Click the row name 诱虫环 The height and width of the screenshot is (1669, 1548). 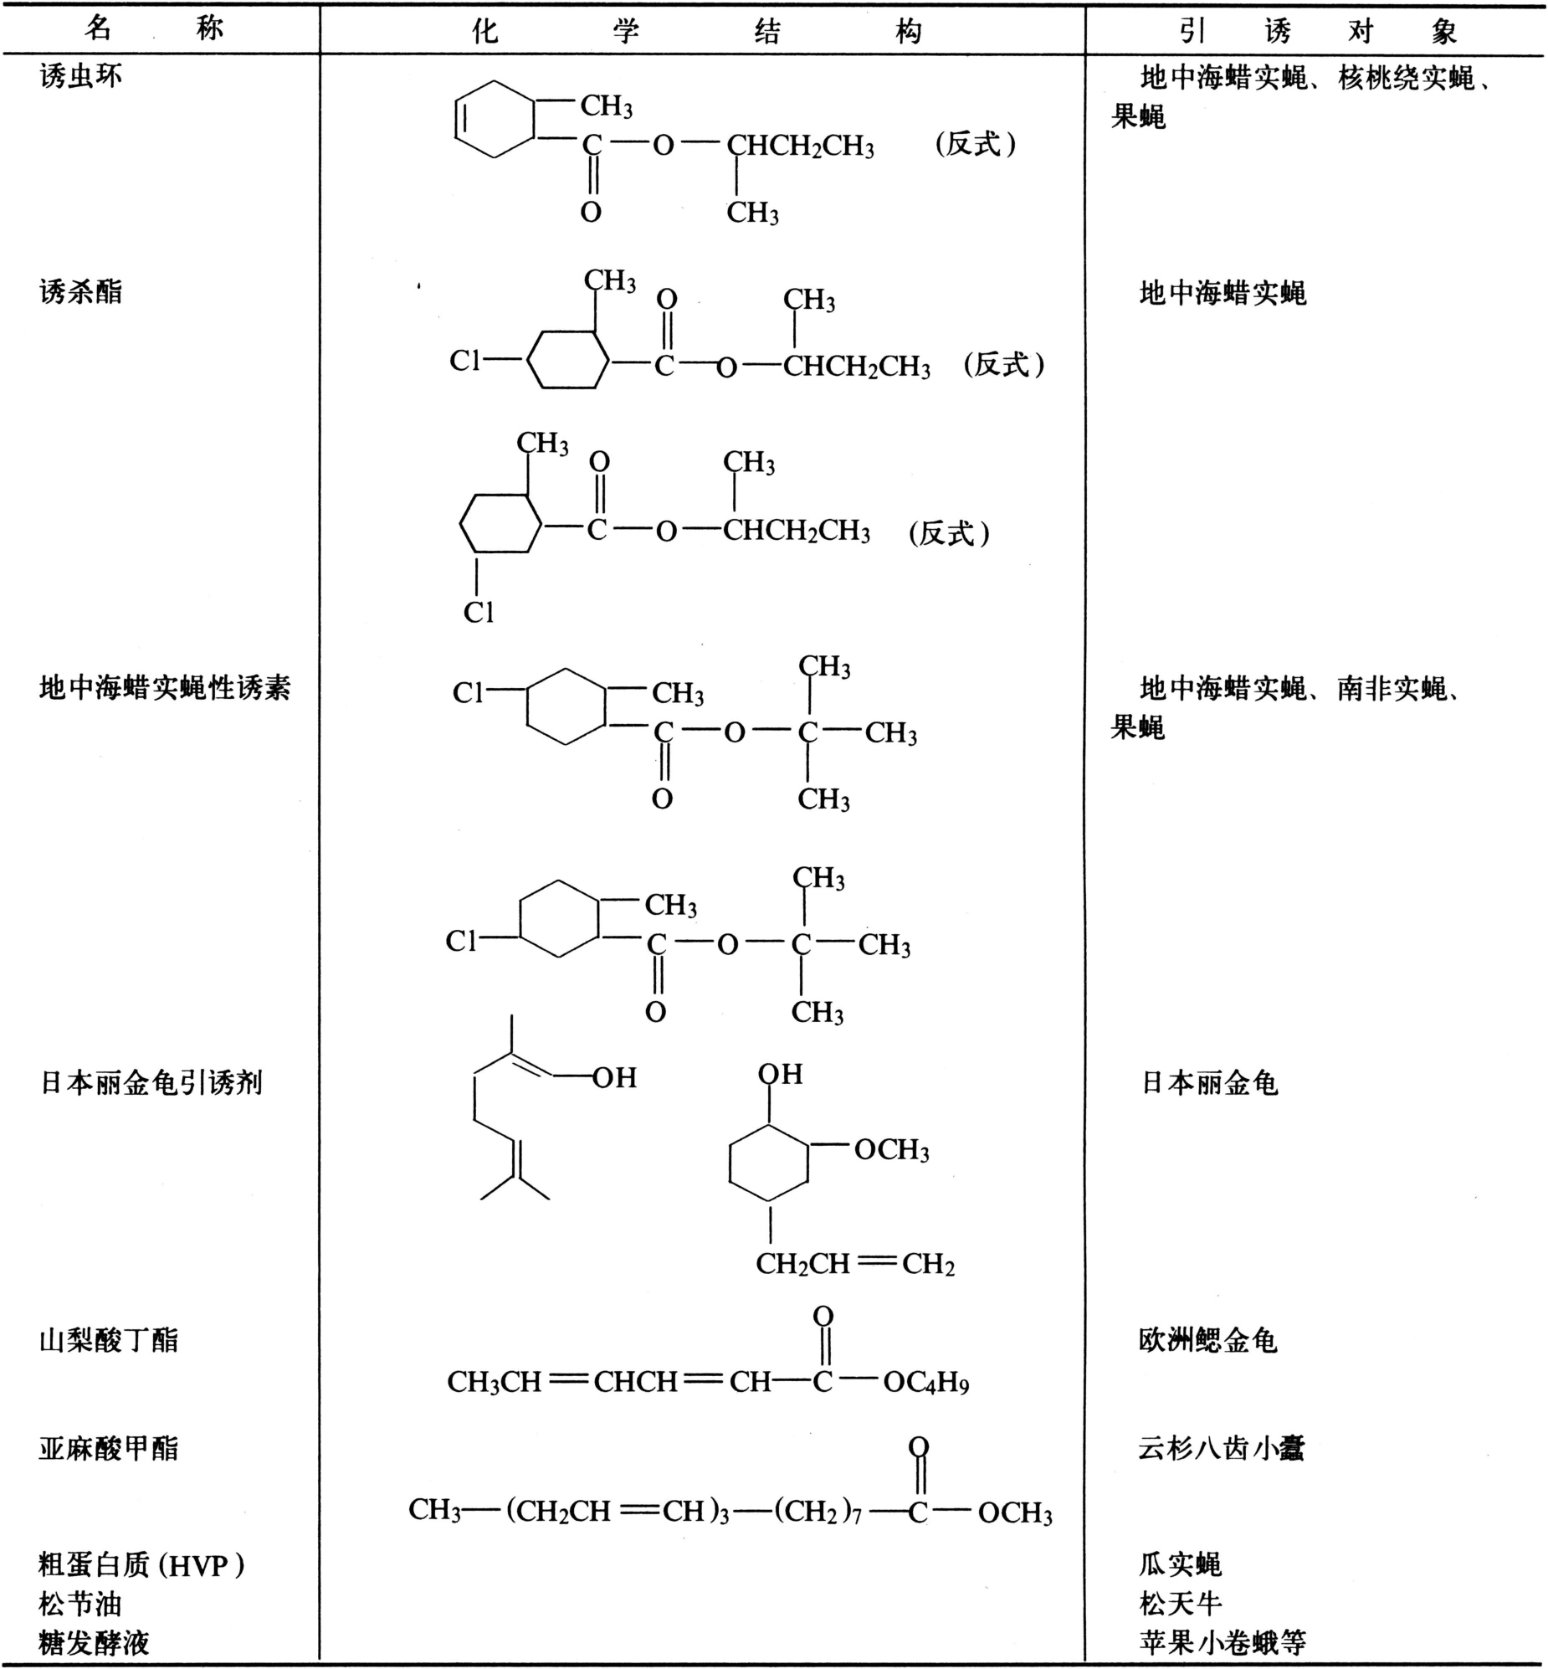click(80, 77)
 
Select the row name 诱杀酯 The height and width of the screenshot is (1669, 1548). click(80, 292)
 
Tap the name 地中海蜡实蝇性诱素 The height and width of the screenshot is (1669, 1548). click(164, 688)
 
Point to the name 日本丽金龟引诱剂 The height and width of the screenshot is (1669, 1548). click(151, 1083)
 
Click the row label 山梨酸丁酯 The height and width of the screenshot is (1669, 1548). click(108, 1341)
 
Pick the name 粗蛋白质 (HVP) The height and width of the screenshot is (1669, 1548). click(141, 1564)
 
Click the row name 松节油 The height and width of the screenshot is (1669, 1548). click(80, 1604)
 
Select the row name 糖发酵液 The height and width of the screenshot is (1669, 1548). click(94, 1642)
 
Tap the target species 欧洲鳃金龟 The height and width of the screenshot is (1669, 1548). click(1208, 1341)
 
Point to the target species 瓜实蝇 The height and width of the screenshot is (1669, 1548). click(1181, 1564)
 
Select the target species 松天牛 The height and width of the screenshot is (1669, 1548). click(1181, 1604)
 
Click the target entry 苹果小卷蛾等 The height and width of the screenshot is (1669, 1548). click(1223, 1642)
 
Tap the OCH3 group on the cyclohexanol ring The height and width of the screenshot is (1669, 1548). click(891, 1149)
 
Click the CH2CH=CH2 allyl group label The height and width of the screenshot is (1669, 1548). click(855, 1264)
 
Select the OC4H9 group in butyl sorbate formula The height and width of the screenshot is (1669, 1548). click(925, 1382)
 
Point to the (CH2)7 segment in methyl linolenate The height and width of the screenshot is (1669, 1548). click(818, 1512)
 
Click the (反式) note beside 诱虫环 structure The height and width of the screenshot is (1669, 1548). click(976, 144)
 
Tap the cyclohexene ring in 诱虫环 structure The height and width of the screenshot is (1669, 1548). click(495, 119)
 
